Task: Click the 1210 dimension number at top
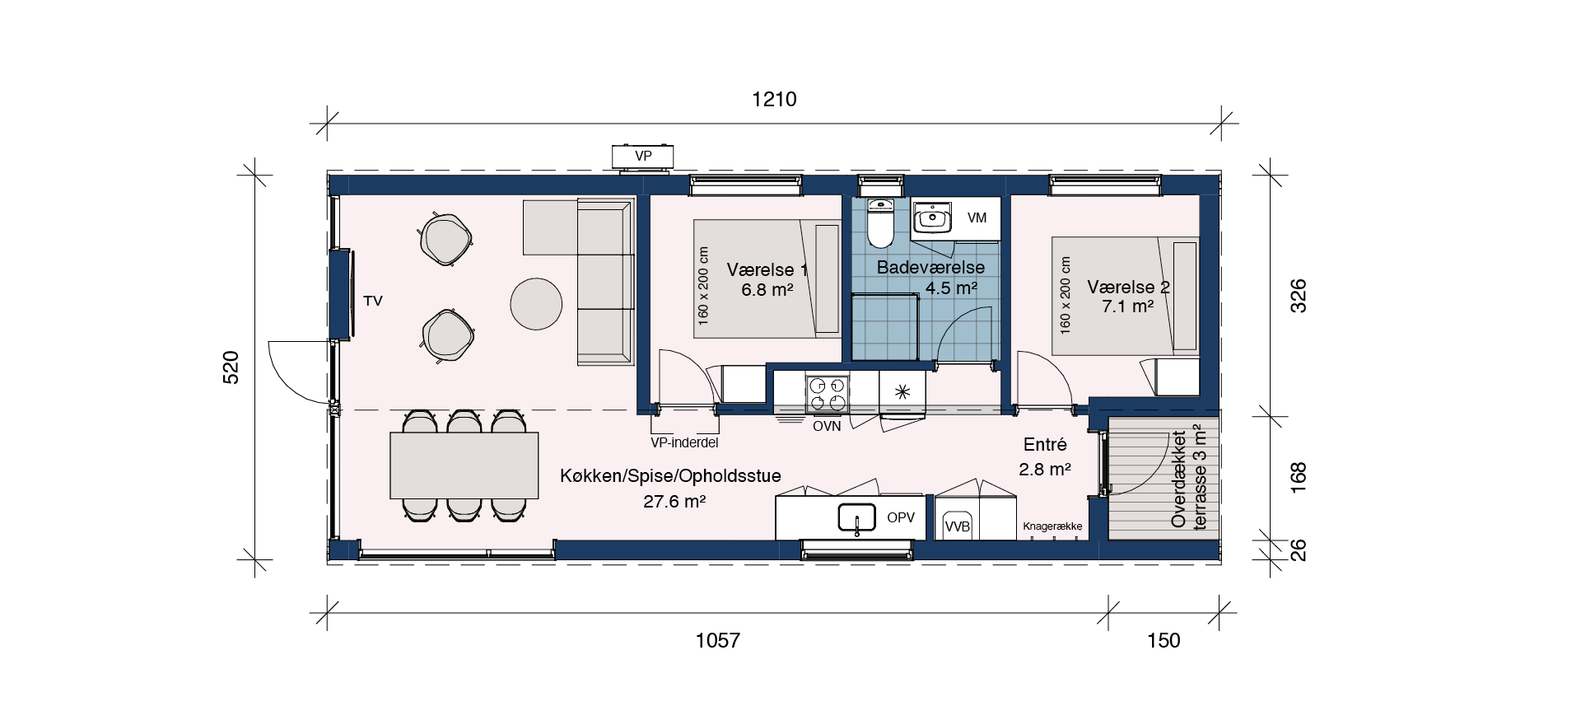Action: (x=774, y=100)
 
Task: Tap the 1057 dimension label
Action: (x=718, y=640)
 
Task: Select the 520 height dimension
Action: (x=231, y=367)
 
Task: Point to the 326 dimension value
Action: (x=1298, y=297)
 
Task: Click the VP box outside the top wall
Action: (x=643, y=157)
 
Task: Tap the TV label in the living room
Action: (x=373, y=302)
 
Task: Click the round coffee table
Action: (x=536, y=304)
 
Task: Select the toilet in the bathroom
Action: (x=880, y=222)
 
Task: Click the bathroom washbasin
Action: (x=932, y=219)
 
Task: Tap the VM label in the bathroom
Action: (x=977, y=218)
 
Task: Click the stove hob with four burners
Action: (x=827, y=394)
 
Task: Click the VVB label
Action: (x=958, y=527)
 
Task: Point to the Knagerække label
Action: (x=1052, y=526)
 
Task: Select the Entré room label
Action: (x=1045, y=445)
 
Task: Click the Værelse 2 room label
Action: (x=1128, y=288)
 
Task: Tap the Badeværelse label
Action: (x=930, y=268)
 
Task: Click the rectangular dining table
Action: (x=464, y=465)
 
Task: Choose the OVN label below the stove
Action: (x=827, y=427)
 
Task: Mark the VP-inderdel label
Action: (x=684, y=443)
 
